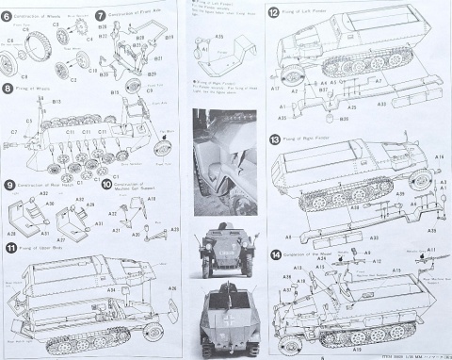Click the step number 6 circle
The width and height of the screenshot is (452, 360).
(8, 16)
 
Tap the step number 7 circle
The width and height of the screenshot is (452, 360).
(101, 16)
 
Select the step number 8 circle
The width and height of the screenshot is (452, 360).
(8, 88)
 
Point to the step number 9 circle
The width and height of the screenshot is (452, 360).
(8, 185)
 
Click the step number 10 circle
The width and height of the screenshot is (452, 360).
(105, 185)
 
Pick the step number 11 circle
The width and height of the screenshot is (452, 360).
(9, 248)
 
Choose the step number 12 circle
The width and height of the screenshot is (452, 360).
(273, 13)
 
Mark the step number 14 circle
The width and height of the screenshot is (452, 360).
(275, 255)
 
